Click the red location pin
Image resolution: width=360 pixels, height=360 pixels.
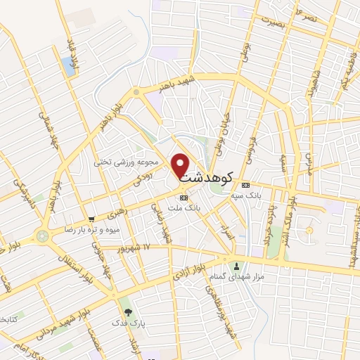coord(181,165)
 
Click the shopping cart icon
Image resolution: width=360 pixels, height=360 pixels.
coord(91,219)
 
